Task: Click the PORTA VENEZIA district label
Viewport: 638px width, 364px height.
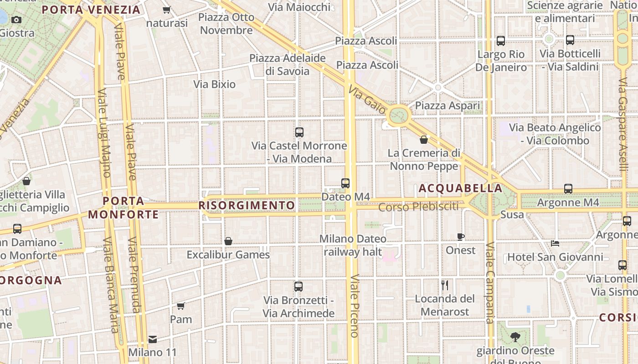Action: pos(91,10)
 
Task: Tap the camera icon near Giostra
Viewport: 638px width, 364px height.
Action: pos(16,20)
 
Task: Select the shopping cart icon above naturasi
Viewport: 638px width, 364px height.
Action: pos(167,10)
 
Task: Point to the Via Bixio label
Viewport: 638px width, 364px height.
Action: pos(214,84)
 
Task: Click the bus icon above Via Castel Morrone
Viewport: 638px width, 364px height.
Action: pos(299,132)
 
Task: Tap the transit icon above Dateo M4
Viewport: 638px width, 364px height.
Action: pos(345,183)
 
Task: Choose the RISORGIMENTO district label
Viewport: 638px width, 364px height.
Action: pos(247,206)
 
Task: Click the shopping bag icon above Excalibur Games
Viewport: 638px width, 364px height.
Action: pos(228,241)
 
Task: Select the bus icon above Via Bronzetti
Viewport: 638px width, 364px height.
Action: pos(298,287)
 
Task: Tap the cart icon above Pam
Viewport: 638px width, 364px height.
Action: pos(181,306)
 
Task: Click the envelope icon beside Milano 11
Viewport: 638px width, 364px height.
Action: pos(152,339)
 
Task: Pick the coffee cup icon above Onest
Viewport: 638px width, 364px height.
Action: pos(461,237)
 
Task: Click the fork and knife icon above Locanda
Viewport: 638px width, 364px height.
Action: pos(445,285)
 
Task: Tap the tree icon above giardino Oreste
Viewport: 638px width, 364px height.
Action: pos(515,337)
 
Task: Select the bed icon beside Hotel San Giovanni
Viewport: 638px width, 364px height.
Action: pos(555,243)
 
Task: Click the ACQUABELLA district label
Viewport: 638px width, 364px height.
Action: pos(460,188)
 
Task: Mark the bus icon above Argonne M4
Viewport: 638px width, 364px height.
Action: pos(568,188)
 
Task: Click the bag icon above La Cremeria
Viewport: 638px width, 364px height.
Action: pos(424,140)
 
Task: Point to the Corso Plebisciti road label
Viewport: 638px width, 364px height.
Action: pos(418,207)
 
